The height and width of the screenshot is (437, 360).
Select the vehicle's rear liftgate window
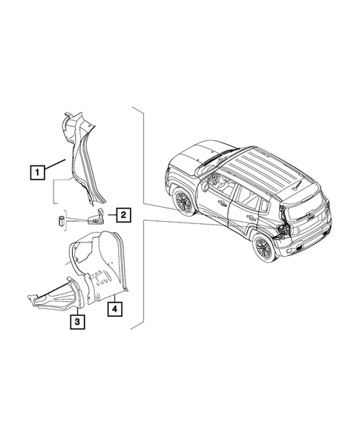[x=306, y=200]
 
